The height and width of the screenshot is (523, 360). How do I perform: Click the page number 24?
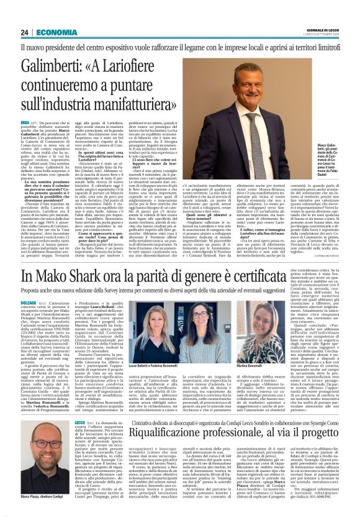click(x=25, y=32)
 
